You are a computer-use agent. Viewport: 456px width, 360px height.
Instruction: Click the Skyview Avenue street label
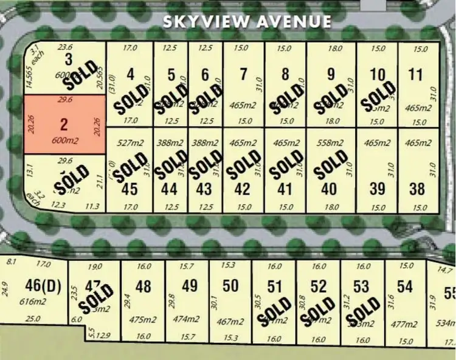point(247,22)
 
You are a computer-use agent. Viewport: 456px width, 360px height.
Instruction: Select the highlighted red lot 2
point(63,125)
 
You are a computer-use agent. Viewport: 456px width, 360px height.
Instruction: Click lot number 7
point(244,75)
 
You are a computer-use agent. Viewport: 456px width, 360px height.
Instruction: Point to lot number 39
point(378,189)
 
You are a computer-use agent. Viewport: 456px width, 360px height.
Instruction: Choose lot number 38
point(417,189)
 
